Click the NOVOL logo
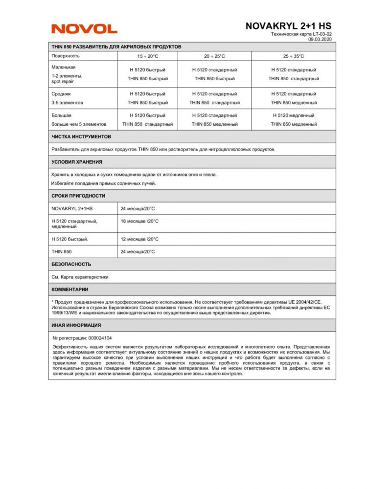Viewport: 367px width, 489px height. pyautogui.click(x=84, y=29)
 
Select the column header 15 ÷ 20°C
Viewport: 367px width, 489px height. pyautogui.click(x=147, y=56)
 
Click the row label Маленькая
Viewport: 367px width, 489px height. pyautogui.click(x=64, y=67)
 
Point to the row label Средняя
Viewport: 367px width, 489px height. pyautogui.click(x=61, y=93)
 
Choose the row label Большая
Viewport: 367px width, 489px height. pyautogui.click(x=62, y=115)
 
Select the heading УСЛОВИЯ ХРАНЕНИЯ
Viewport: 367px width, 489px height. pyautogui.click(x=77, y=162)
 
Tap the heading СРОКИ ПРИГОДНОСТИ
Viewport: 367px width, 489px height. pyautogui.click(x=78, y=196)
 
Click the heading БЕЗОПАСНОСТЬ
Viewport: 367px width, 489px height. pyautogui.click(x=71, y=264)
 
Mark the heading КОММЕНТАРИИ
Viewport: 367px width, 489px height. pyautogui.click(x=70, y=289)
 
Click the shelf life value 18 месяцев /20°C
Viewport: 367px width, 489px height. pyautogui.click(x=139, y=221)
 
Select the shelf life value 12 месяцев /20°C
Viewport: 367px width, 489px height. pyautogui.click(x=139, y=239)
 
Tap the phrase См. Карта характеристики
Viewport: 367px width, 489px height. pyautogui.click(x=80, y=277)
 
